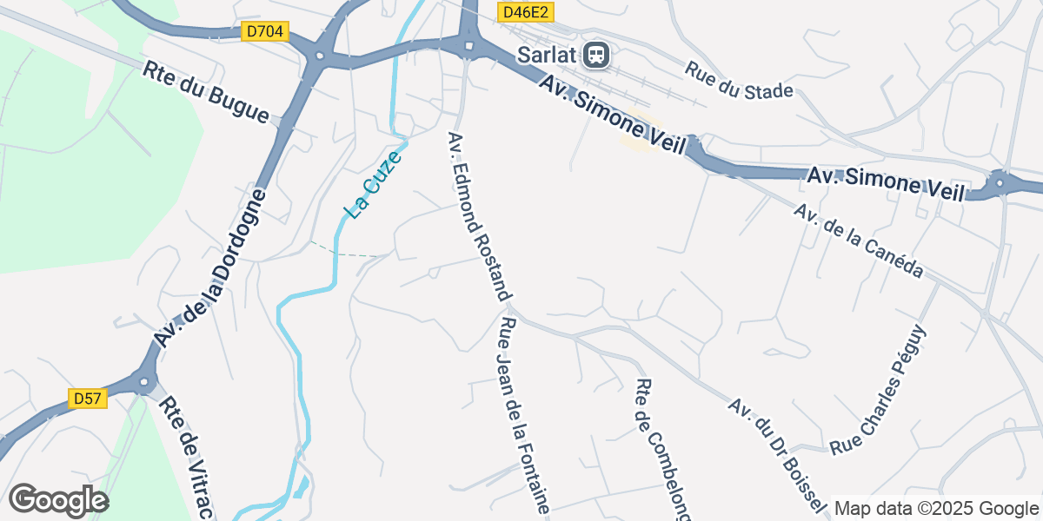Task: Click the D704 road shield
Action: pyautogui.click(x=264, y=32)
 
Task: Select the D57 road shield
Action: pyautogui.click(x=87, y=399)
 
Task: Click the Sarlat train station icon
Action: pyautogui.click(x=597, y=55)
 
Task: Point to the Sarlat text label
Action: pyautogui.click(x=548, y=55)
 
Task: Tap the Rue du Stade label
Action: pyautogui.click(x=739, y=80)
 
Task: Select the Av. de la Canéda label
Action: pyautogui.click(x=858, y=241)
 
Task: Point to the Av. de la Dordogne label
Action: pyautogui.click(x=207, y=260)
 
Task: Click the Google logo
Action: pyautogui.click(x=58, y=500)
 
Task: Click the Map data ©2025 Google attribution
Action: pyautogui.click(x=935, y=508)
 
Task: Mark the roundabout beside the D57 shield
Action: pyautogui.click(x=143, y=381)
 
